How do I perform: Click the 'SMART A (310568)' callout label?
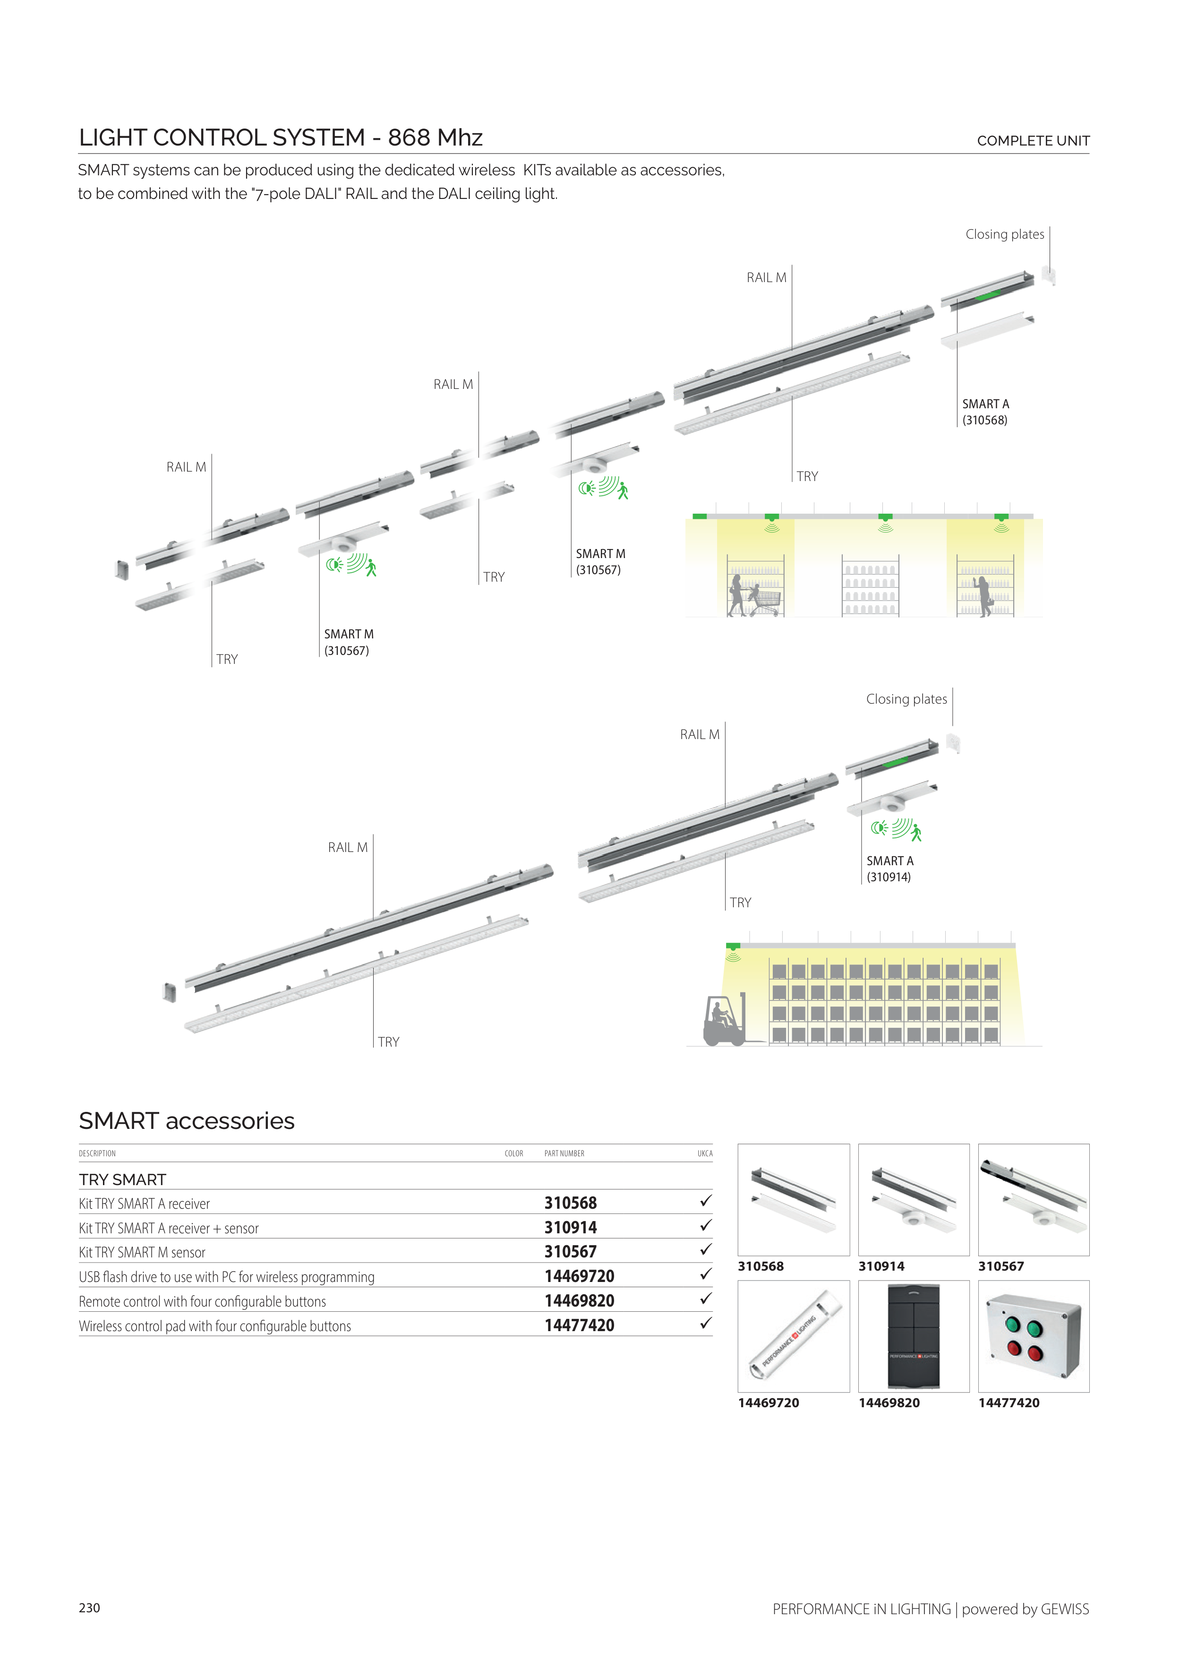tap(985, 412)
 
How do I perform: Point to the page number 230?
tap(89, 1607)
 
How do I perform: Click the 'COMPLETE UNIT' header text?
tap(1033, 141)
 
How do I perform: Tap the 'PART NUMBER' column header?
tap(564, 1153)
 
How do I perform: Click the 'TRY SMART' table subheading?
tap(123, 1179)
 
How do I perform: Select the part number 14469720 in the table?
tap(579, 1276)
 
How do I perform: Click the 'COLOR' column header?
tap(513, 1153)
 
